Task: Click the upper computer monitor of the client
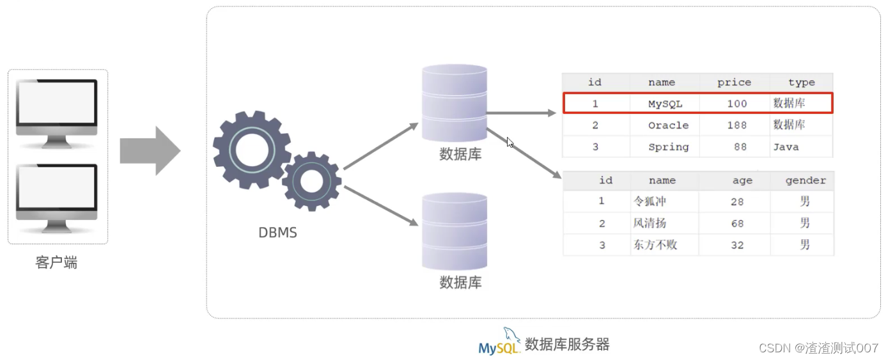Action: [x=58, y=109]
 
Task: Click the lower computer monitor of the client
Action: [x=58, y=193]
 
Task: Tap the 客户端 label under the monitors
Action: [x=56, y=263]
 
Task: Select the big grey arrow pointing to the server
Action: [x=150, y=151]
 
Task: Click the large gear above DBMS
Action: [x=251, y=150]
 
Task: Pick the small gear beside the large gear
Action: [x=311, y=182]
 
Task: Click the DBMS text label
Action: [x=277, y=233]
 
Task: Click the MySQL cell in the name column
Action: [x=665, y=104]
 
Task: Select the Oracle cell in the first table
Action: [x=668, y=125]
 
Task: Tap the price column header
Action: [x=734, y=82]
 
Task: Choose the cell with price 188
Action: [x=736, y=125]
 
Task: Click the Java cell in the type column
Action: [x=786, y=147]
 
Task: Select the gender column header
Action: [x=806, y=181]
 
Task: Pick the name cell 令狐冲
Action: [x=650, y=201]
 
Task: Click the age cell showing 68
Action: [x=737, y=224]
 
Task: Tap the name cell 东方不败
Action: [x=655, y=246]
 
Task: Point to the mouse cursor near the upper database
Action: [x=510, y=142]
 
